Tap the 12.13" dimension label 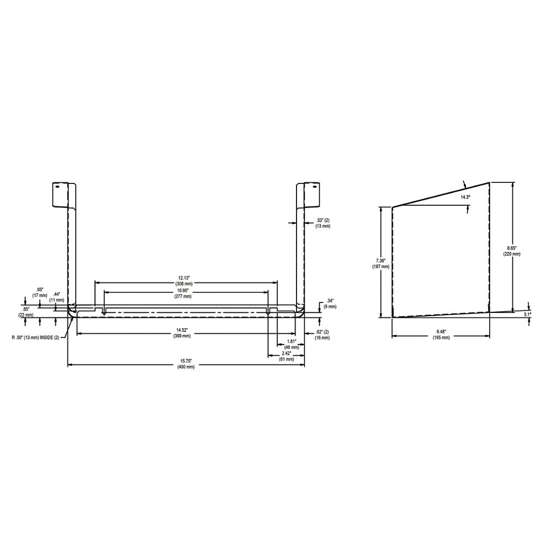tap(184, 281)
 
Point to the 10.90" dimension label tap(182, 293)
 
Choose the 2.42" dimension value tap(286, 356)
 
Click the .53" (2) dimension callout tap(323, 223)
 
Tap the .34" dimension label tap(330, 304)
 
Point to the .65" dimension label tap(40, 292)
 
